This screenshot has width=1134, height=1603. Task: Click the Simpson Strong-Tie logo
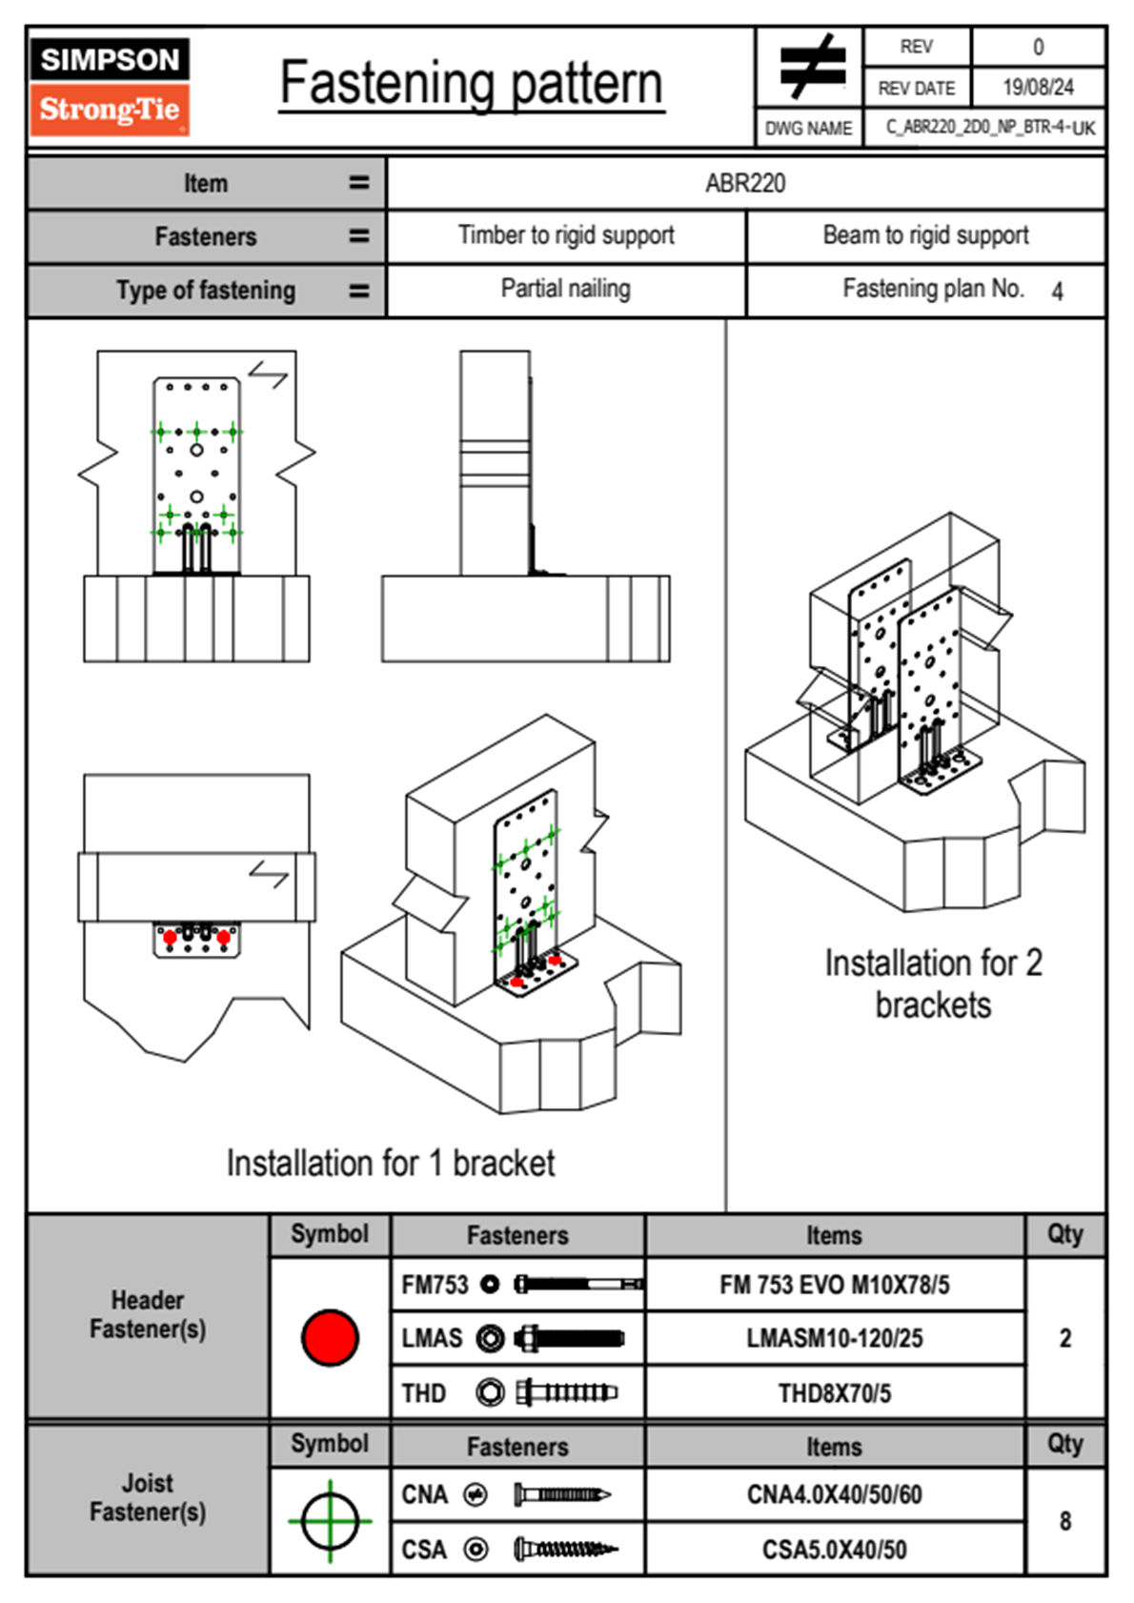pos(110,86)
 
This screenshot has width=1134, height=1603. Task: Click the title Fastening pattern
pos(472,84)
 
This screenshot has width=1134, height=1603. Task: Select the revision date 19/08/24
pos(1038,88)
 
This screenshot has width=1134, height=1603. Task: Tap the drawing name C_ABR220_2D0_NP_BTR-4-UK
pos(990,128)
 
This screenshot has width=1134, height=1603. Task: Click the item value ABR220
pos(745,183)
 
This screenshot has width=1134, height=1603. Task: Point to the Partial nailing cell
pos(566,289)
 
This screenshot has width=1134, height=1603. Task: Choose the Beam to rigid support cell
pos(925,235)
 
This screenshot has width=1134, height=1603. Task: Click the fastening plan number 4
pos(1057,292)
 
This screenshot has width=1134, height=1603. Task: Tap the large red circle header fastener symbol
pos(330,1337)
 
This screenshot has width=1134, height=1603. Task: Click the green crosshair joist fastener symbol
pos(330,1521)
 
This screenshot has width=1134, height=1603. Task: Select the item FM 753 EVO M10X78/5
pos(834,1285)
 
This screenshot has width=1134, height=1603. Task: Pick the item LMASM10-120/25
pos(834,1338)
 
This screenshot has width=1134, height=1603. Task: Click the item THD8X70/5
pos(834,1393)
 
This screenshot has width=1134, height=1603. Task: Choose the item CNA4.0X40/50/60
pos(834,1494)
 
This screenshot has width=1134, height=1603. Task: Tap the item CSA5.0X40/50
pos(834,1550)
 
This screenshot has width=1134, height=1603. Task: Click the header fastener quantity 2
pos(1065,1338)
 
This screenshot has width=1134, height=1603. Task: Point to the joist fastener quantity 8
pos(1065,1521)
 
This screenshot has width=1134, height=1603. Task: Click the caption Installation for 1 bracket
pos(391,1164)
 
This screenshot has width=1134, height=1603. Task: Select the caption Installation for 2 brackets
pos(933,984)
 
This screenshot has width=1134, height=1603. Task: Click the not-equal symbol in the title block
pos(812,67)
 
